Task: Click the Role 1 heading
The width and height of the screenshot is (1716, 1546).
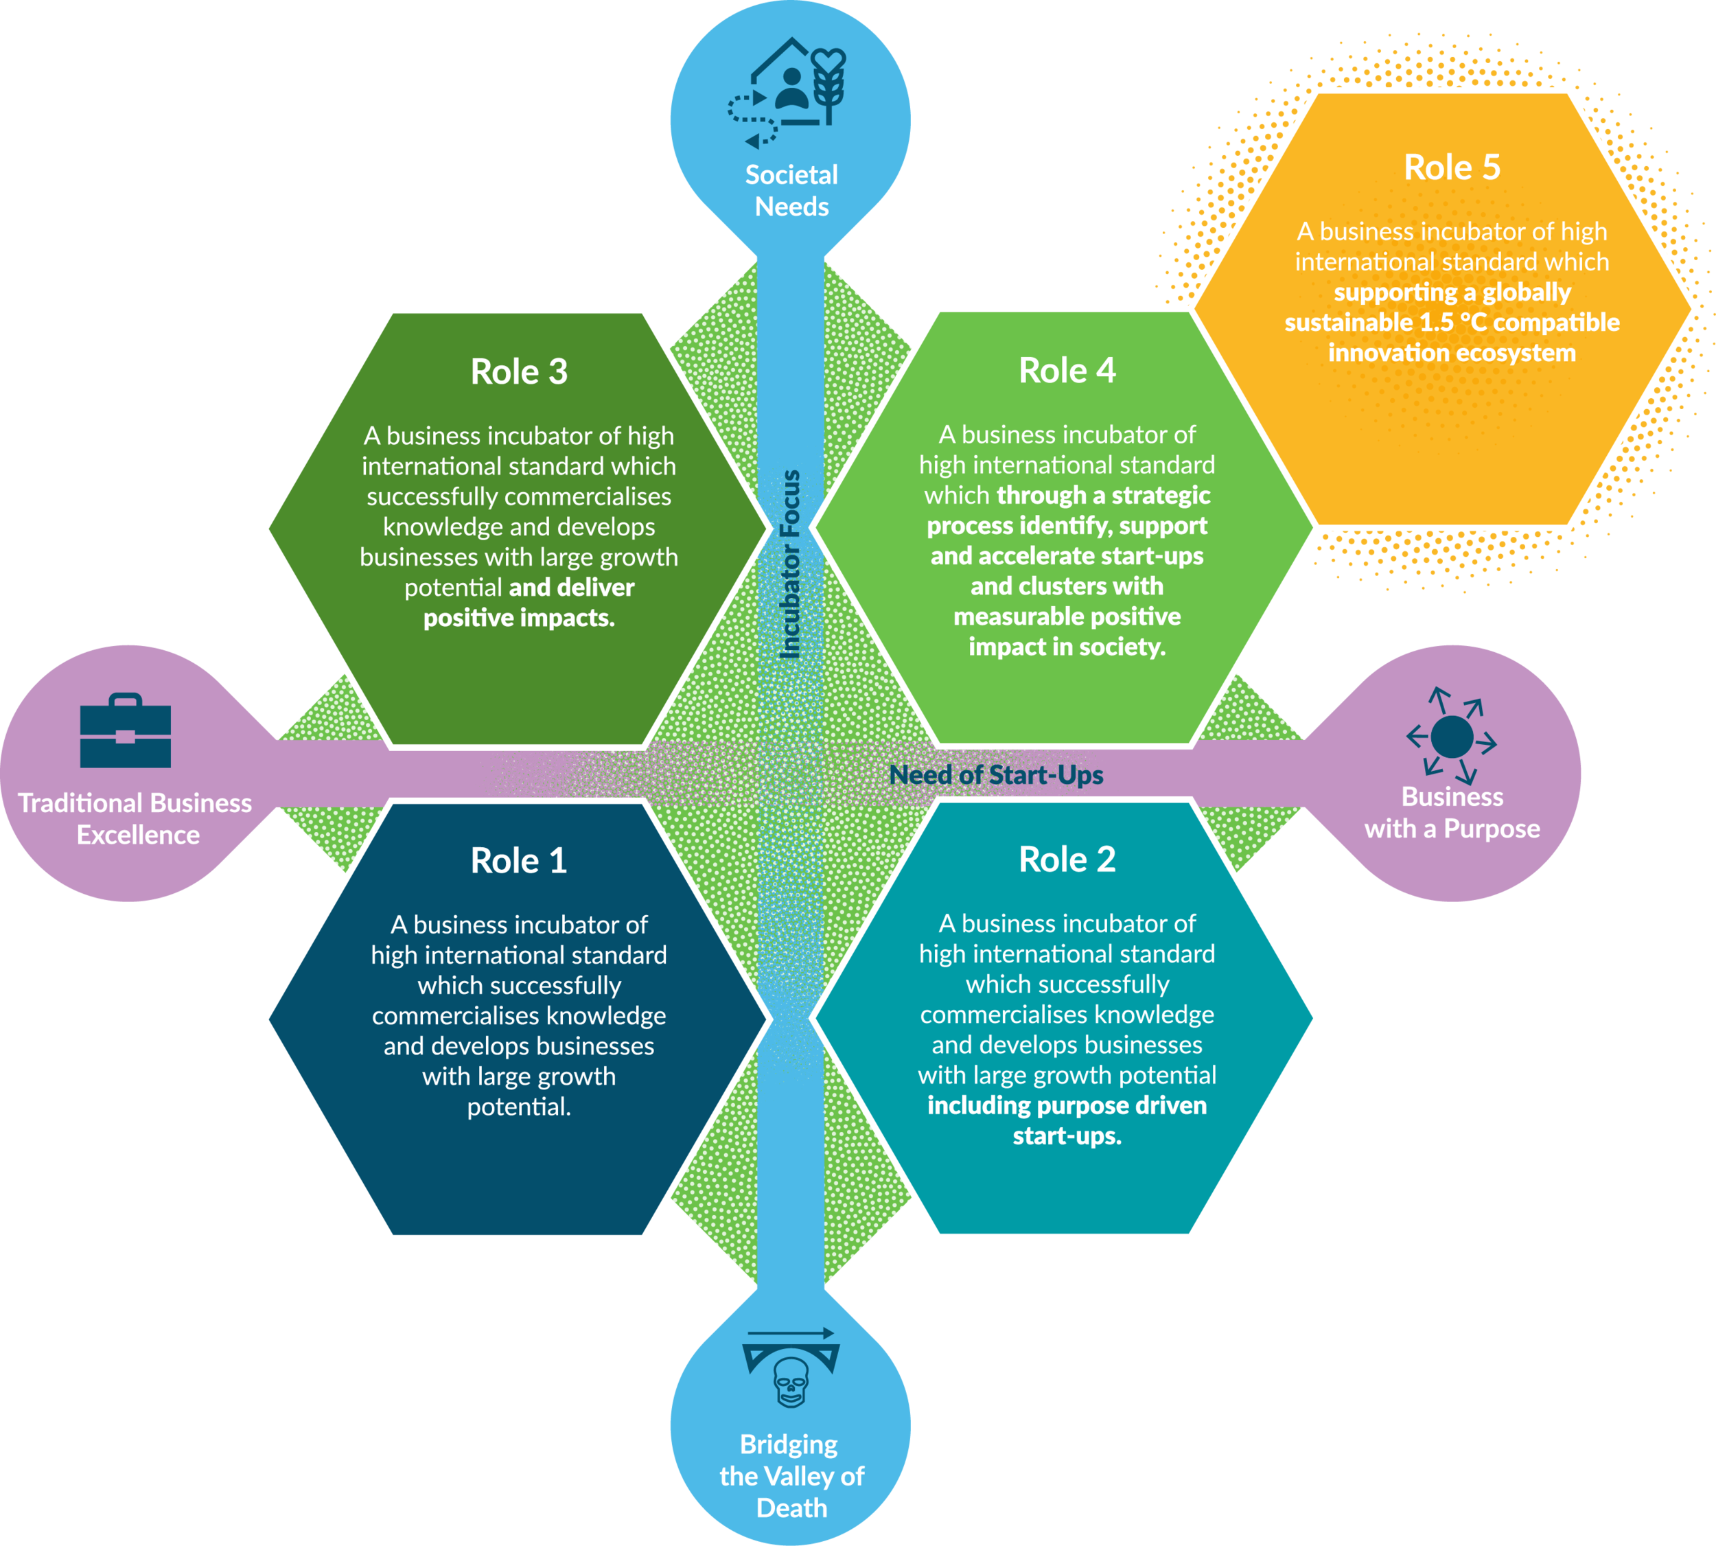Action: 518,860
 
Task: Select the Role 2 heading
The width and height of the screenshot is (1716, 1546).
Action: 1067,859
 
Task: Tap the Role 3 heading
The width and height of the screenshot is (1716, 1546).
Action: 518,371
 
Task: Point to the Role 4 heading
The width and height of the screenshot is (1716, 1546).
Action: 1067,370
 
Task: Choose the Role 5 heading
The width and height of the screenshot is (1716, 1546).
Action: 1452,168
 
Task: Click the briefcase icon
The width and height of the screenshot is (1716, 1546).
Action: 125,731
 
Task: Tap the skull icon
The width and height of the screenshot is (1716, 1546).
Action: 791,1382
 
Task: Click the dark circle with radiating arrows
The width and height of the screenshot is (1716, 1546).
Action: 1452,737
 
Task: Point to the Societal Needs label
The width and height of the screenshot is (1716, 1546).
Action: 791,190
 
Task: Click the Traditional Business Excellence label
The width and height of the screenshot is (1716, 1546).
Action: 136,819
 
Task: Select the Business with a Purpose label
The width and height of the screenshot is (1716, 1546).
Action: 1452,813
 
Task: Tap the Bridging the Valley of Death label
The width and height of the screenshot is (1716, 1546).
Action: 791,1475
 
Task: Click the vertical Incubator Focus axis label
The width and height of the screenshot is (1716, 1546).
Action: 790,564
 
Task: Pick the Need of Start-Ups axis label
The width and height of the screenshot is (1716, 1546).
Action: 995,774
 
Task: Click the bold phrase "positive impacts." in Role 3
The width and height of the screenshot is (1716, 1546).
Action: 519,618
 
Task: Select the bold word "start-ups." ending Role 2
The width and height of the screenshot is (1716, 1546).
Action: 1067,1135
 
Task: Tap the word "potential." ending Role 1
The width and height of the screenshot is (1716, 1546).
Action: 518,1106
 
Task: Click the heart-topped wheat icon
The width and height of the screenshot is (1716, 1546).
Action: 828,85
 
